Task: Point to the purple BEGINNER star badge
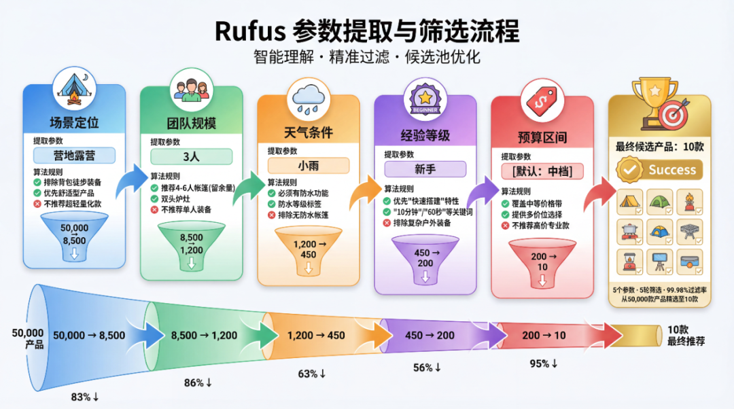coord(425,99)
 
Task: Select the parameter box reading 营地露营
coord(75,155)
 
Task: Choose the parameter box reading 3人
coord(191,156)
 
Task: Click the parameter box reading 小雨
coord(308,165)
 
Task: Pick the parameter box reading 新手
coord(425,168)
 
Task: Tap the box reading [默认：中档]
coord(542,171)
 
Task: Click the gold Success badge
coord(659,170)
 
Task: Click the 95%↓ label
coord(543,363)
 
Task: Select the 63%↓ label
coord(312,374)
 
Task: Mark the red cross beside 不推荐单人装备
coord(154,210)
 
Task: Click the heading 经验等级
coord(425,135)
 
